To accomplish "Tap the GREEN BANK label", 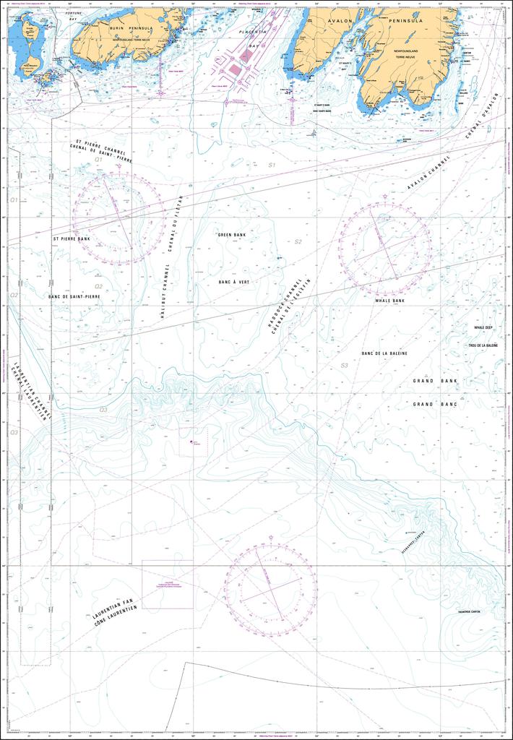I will (231, 235).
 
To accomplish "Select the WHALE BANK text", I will (389, 300).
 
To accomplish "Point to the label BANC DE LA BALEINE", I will (384, 353).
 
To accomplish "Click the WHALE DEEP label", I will (483, 327).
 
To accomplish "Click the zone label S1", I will (272, 165).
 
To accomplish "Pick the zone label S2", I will (298, 241).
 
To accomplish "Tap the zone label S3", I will (344, 366).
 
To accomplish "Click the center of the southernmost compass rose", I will (270, 585).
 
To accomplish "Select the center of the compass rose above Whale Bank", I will (385, 249).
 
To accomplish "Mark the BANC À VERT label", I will (233, 282).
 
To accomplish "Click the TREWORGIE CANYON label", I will (466, 612).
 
